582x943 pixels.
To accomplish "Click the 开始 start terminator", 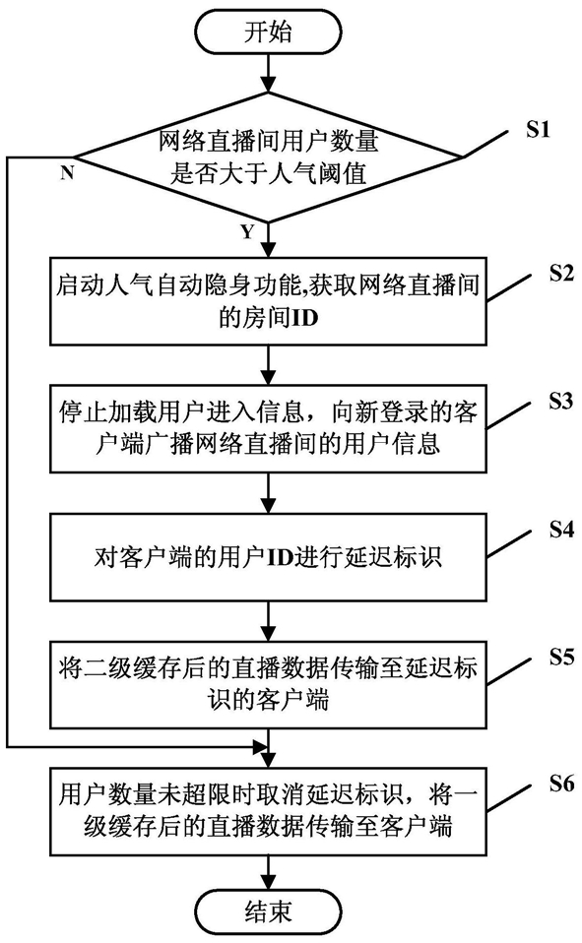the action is coord(268,32).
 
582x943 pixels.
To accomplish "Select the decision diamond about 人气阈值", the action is coord(269,157).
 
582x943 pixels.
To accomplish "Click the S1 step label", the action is coord(538,129).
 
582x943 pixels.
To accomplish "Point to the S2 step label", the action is coord(561,273).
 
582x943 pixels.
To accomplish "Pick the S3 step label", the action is coord(561,401).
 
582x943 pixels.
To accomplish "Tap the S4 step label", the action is coord(561,530).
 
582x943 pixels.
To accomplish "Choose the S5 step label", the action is coord(561,657).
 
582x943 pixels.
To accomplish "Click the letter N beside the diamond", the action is coord(67,172).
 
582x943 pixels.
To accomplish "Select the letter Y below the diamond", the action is coord(247,231).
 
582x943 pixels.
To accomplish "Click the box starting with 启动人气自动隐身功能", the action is coord(269,300).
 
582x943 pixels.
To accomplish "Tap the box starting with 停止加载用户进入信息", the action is coord(269,429).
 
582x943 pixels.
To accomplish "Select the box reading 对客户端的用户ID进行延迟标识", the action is coord(269,557).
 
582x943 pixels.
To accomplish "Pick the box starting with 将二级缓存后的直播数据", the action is coord(269,685).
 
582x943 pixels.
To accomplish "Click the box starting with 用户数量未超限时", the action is coord(269,812).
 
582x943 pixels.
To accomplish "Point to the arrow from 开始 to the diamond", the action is coord(268,75).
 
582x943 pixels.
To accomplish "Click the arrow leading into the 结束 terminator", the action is coord(268,871).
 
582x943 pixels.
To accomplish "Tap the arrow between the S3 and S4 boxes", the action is coord(268,492).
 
